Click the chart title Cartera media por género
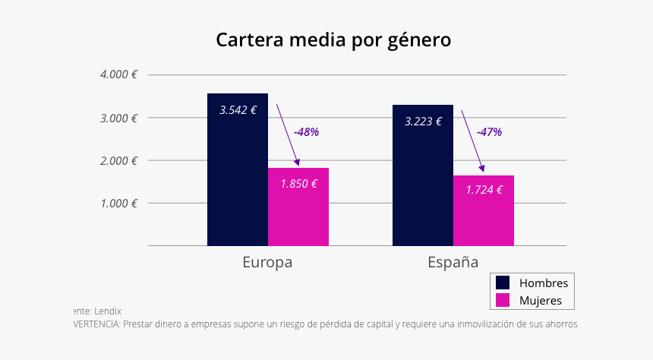[x=333, y=39]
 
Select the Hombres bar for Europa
[x=238, y=182]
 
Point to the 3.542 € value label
[x=238, y=109]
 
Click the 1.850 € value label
[x=298, y=183]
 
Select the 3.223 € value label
[x=423, y=121]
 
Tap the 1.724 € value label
[x=484, y=190]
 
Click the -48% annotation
[x=307, y=131]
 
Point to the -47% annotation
[x=489, y=131]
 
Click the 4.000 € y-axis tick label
[x=118, y=74]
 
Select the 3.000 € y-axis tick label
[x=118, y=118]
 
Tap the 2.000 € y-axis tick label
[x=118, y=160]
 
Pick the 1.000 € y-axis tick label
[x=118, y=203]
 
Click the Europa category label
[x=267, y=263]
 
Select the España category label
[x=453, y=263]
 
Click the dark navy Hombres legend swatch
[x=503, y=283]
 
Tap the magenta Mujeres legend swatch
[x=503, y=301]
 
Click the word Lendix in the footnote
[x=108, y=311]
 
